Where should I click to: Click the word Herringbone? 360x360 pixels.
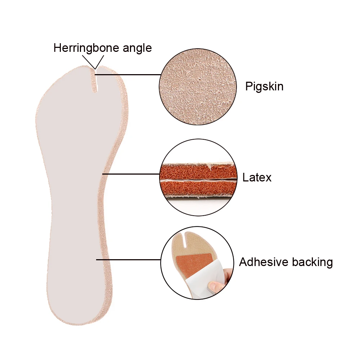(x=85, y=48)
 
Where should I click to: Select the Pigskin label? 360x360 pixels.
(x=264, y=86)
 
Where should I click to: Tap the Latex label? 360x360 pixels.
(x=257, y=177)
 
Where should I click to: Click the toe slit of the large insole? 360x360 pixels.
(x=96, y=81)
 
